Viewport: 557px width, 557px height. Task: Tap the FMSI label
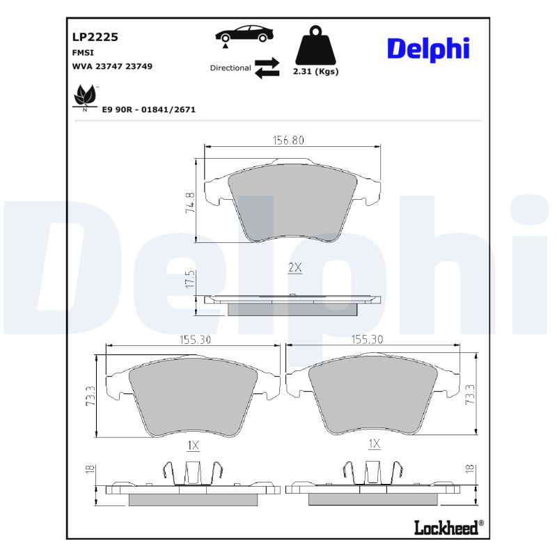83,53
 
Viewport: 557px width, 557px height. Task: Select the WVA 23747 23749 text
112,66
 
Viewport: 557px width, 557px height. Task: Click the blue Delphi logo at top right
428,48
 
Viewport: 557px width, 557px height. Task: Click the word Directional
230,68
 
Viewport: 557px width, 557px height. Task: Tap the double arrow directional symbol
267,68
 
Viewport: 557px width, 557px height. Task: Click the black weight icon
316,46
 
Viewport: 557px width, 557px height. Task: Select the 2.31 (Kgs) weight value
316,72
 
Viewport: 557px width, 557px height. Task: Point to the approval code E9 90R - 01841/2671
148,110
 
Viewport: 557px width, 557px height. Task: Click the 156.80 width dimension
288,140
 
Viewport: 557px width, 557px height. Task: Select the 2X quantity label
295,267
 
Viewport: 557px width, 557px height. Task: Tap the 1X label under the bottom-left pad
193,444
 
